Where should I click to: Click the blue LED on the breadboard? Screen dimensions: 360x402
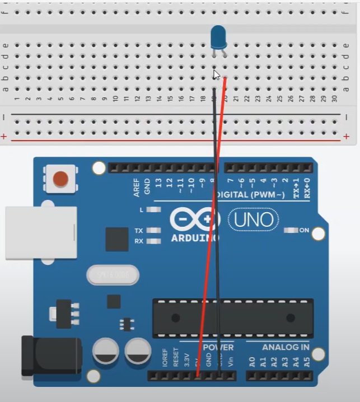tap(218, 38)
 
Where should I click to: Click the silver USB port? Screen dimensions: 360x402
tap(41, 233)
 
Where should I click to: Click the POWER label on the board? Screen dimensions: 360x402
tap(218, 347)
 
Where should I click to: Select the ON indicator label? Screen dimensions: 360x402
tap(304, 230)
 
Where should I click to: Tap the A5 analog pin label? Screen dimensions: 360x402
tap(306, 362)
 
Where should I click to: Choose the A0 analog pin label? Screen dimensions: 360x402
tap(251, 362)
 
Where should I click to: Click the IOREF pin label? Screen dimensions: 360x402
tap(165, 358)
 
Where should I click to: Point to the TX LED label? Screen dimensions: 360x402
tap(139, 230)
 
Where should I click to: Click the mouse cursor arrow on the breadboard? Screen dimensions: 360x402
tap(217, 74)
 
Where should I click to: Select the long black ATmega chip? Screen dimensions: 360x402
tap(233, 318)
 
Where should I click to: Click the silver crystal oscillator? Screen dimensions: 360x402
tap(113, 275)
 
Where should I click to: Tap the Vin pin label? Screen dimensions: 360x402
tap(230, 361)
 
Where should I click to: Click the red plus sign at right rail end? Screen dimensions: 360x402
tap(347, 136)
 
